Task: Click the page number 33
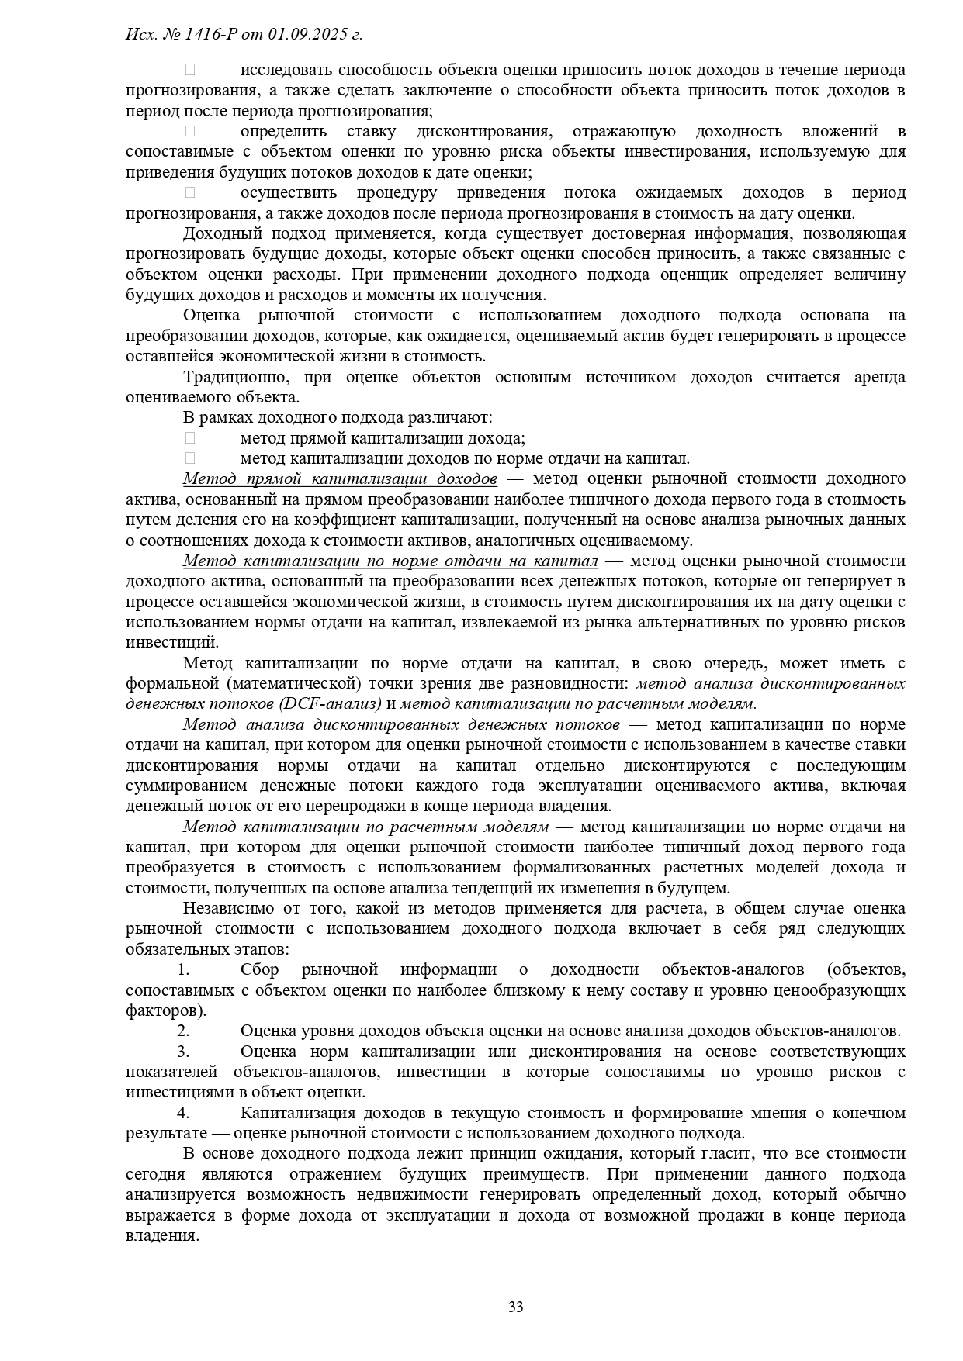pyautogui.click(x=515, y=1307)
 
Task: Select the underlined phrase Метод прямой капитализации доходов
pyautogui.click(x=340, y=478)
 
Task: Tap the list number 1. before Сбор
pyautogui.click(x=183, y=969)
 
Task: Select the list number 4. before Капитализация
pyautogui.click(x=183, y=1113)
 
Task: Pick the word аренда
pyautogui.click(x=879, y=377)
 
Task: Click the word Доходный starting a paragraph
pyautogui.click(x=217, y=233)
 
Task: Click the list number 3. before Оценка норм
pyautogui.click(x=183, y=1052)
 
